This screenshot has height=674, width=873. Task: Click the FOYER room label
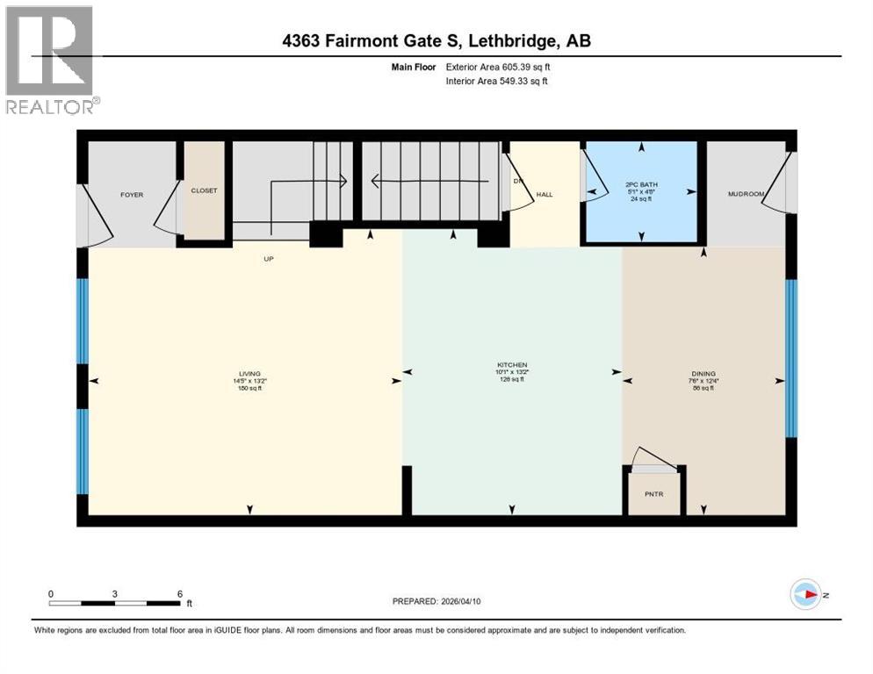point(132,195)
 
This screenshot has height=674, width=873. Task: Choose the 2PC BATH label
point(642,184)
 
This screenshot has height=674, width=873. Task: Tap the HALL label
point(545,194)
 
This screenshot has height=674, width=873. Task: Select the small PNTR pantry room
point(653,494)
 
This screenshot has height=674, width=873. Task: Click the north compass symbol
point(805,595)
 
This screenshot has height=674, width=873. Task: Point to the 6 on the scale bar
point(179,593)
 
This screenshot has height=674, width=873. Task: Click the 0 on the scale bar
point(51,593)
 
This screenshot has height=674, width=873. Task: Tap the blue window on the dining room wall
point(790,358)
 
